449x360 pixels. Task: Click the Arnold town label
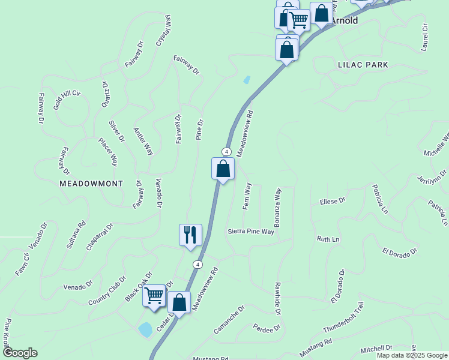[x=345, y=21]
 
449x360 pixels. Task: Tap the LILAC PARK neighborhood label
[x=363, y=64]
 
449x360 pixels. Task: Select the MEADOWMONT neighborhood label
[x=91, y=184]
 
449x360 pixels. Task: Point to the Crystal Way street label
[x=164, y=31]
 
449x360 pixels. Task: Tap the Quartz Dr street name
[x=106, y=94]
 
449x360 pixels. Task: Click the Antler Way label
[x=143, y=142]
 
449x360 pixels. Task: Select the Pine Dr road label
[x=200, y=130]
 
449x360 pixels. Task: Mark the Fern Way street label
[x=246, y=197]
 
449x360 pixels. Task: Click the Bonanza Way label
[x=278, y=208]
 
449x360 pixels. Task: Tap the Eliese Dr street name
[x=333, y=200]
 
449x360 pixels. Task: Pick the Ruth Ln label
[x=328, y=239]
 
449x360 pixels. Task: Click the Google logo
[x=19, y=353]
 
